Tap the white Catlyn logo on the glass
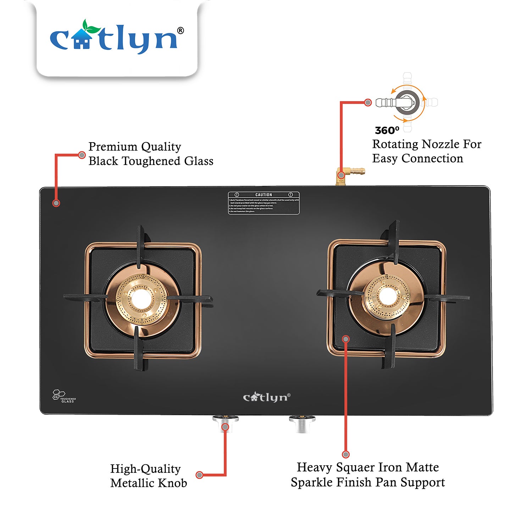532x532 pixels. (266, 397)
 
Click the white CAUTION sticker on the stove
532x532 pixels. (264, 203)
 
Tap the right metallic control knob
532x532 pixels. (302, 423)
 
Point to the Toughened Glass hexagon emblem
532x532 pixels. (59, 394)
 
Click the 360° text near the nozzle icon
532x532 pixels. (387, 131)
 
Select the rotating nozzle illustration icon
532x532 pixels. (407, 102)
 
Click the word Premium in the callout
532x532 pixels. (113, 146)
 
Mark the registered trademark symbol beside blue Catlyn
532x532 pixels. (181, 31)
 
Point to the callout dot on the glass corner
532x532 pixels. (56, 203)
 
